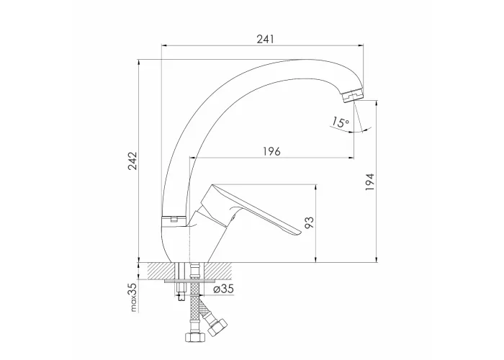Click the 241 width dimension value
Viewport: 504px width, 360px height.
point(266,39)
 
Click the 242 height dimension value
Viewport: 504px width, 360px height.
point(132,161)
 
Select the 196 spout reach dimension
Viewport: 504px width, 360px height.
point(272,151)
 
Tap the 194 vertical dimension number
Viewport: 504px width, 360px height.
point(370,182)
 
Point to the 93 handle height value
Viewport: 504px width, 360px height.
point(309,222)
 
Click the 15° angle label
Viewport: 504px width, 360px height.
point(341,122)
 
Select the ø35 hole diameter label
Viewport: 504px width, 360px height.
point(223,289)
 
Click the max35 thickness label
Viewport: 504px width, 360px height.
point(134,297)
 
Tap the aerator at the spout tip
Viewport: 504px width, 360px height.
point(353,96)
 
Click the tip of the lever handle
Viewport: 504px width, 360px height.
point(300,232)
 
